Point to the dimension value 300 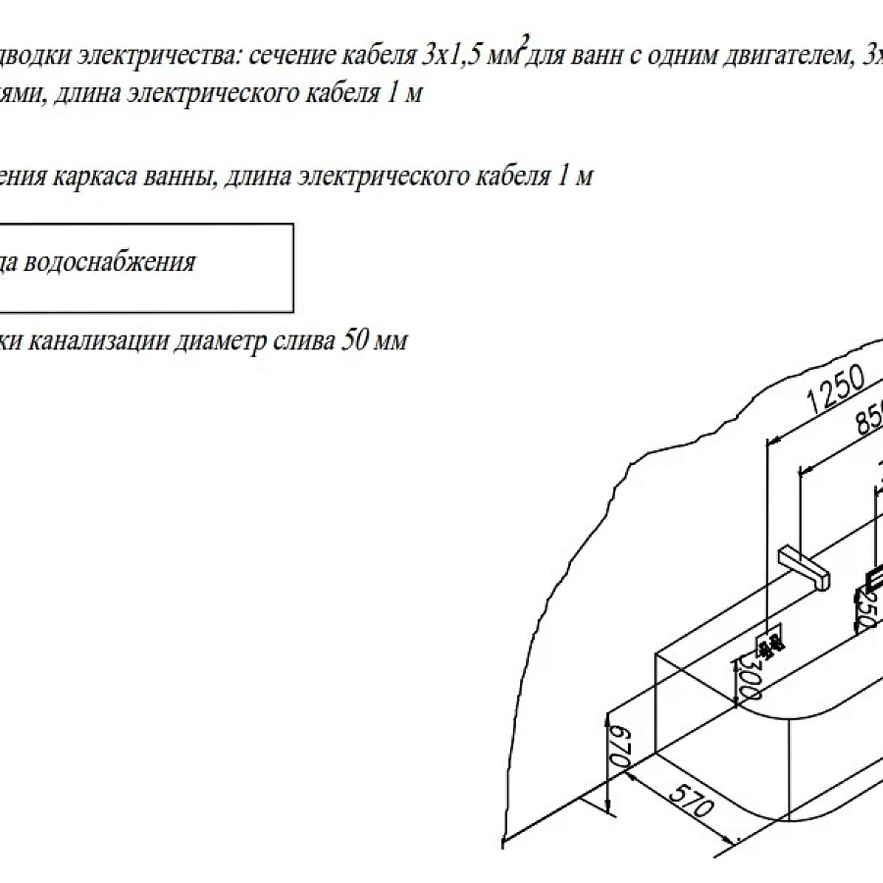tap(750, 678)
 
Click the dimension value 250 tap(864, 610)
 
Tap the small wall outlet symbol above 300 tap(770, 644)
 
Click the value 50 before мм tap(351, 340)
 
